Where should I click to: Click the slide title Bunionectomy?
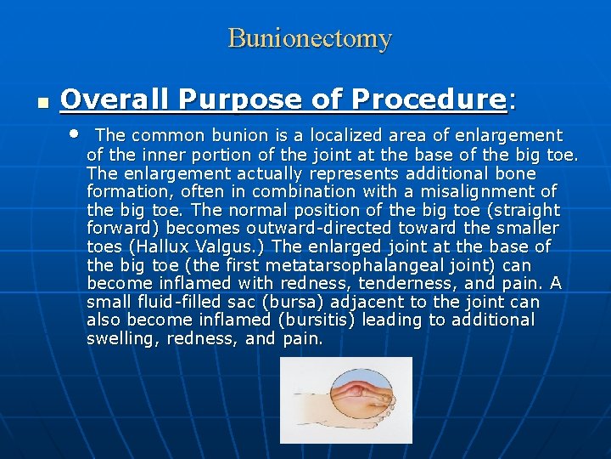pos(310,38)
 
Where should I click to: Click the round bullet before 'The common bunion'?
pos(75,134)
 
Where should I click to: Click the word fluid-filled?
pos(173,303)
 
